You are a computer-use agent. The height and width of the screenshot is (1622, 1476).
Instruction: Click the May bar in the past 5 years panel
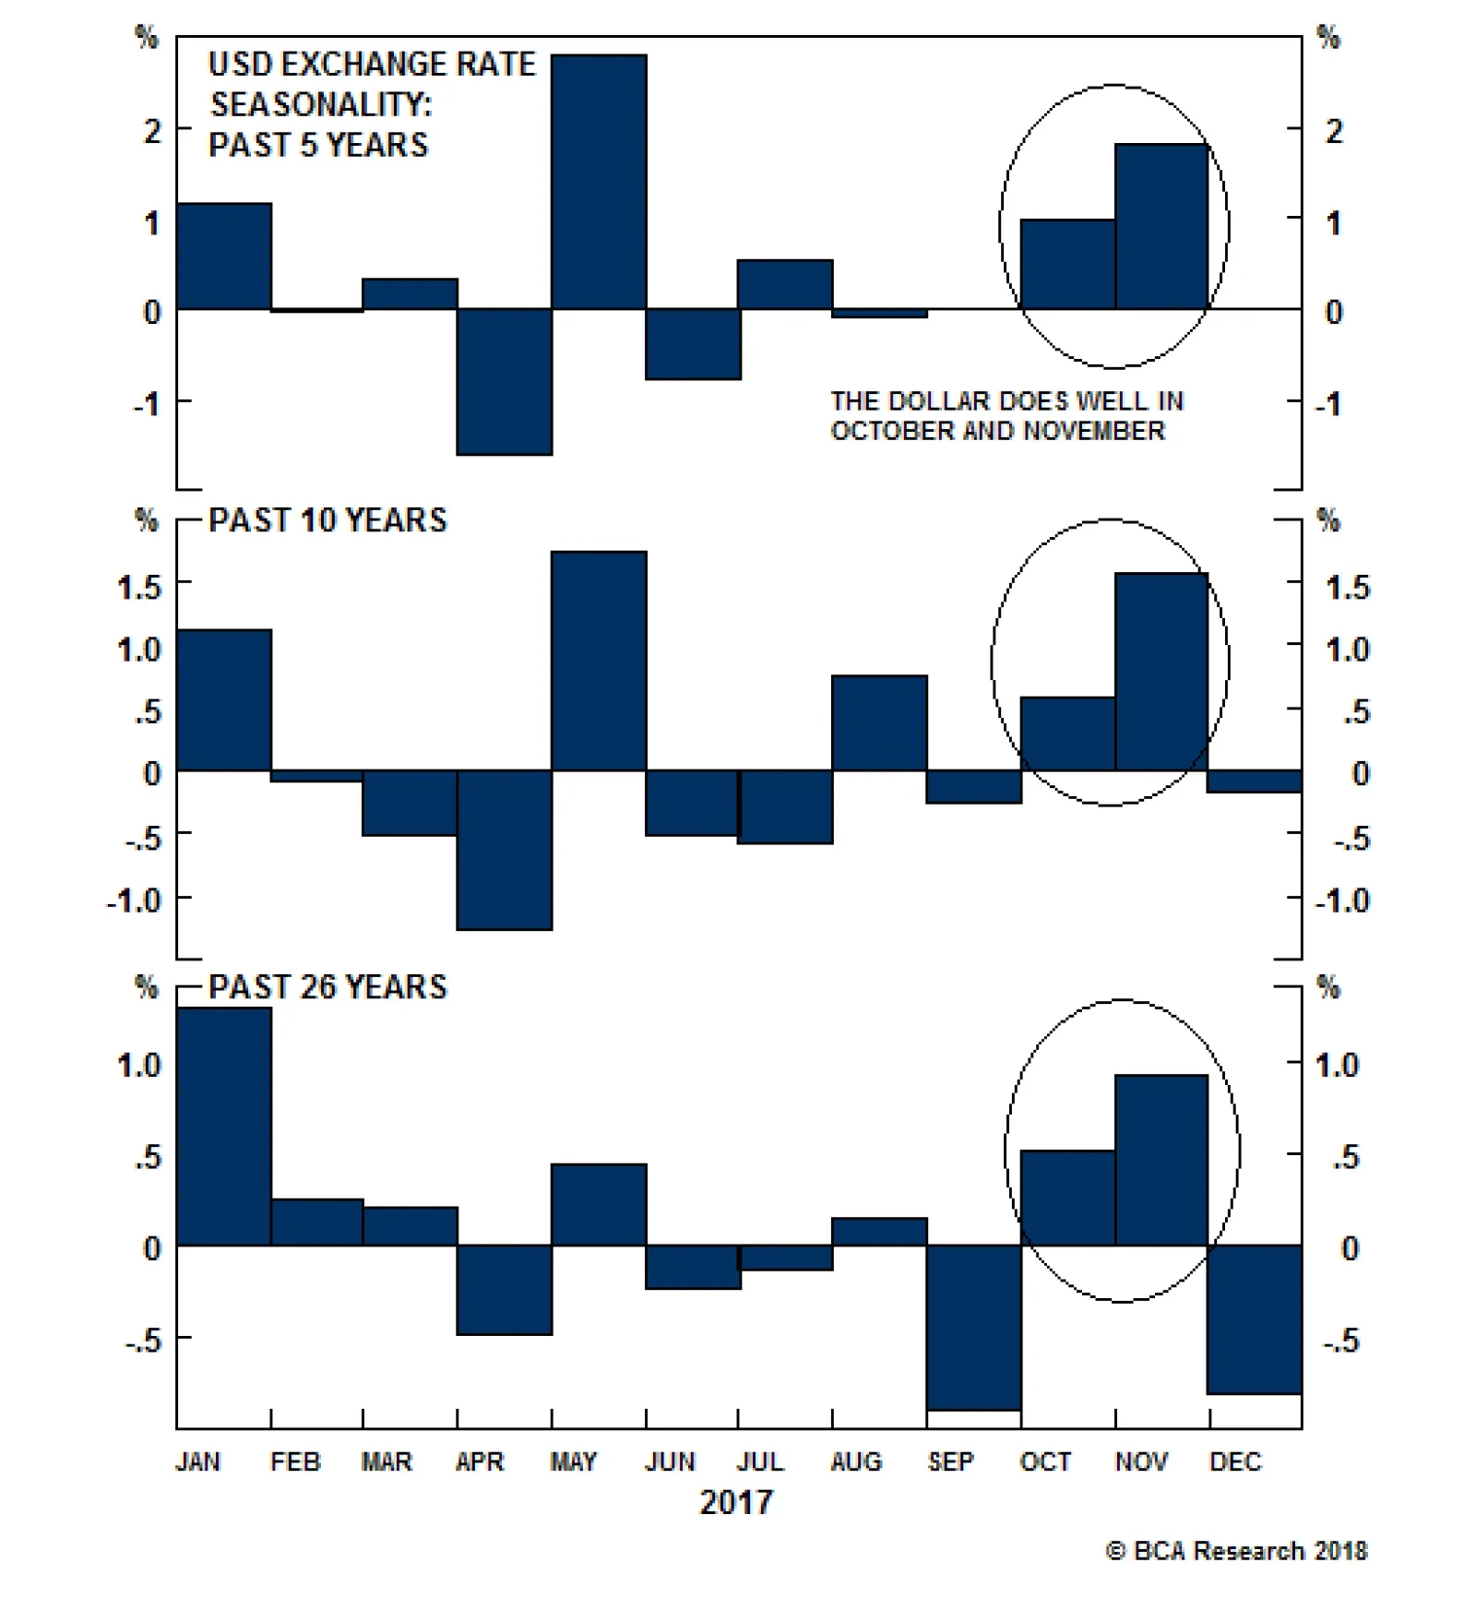point(599,182)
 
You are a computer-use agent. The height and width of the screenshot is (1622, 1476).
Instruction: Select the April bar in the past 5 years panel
point(505,381)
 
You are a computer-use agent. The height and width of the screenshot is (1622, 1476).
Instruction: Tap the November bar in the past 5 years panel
point(1161,226)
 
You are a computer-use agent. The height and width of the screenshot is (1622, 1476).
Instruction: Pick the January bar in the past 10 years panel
point(224,699)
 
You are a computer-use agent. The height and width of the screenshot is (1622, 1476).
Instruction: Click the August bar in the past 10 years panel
point(879,722)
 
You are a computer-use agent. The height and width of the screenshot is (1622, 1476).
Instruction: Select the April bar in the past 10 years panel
point(505,850)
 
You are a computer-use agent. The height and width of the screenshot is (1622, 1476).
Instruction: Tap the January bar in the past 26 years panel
point(224,1127)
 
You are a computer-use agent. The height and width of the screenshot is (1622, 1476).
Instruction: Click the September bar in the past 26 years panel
point(973,1328)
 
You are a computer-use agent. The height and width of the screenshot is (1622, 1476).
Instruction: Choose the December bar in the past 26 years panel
point(1256,1319)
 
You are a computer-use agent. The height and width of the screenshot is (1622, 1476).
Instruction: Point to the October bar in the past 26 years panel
point(1067,1198)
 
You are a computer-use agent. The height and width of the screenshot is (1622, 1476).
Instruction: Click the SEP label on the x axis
point(950,1461)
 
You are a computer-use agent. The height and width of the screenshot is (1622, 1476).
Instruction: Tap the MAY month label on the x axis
point(573,1461)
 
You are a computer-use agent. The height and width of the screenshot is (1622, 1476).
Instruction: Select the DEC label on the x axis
point(1235,1461)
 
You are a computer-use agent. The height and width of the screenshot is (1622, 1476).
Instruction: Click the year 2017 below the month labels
point(736,1503)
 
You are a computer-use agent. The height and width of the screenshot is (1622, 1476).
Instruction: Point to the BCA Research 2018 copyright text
point(1236,1551)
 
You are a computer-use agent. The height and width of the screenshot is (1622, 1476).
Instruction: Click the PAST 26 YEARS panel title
point(327,987)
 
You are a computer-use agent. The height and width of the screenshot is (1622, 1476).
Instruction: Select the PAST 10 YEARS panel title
point(327,520)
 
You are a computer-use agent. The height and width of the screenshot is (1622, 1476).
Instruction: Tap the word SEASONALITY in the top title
point(320,104)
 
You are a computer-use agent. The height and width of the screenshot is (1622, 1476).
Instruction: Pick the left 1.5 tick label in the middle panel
point(139,587)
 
